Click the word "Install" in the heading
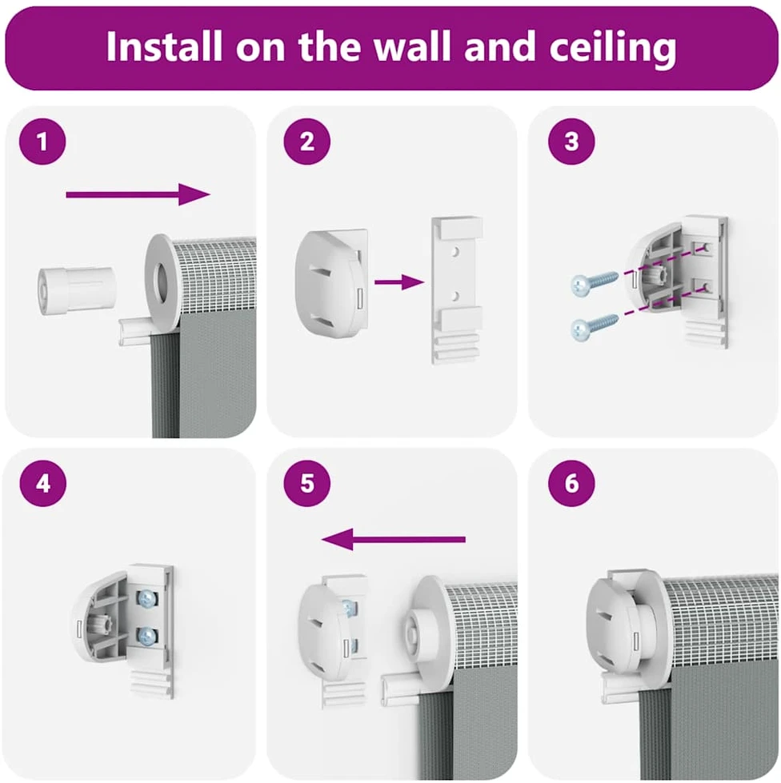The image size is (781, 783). pyautogui.click(x=164, y=47)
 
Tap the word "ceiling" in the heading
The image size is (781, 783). pyautogui.click(x=613, y=49)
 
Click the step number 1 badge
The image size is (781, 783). pyautogui.click(x=42, y=142)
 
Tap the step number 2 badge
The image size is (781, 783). pyautogui.click(x=306, y=142)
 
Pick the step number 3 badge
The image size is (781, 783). pyautogui.click(x=571, y=142)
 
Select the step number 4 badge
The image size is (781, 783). pyautogui.click(x=43, y=483)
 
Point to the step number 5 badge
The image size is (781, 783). pyautogui.click(x=306, y=483)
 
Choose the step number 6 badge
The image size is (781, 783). pyautogui.click(x=571, y=483)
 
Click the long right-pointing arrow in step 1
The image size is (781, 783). pyautogui.click(x=138, y=194)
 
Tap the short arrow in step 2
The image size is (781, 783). pyautogui.click(x=399, y=282)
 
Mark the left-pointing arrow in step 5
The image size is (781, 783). pyautogui.click(x=393, y=539)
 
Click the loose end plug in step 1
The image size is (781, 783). pyautogui.click(x=78, y=291)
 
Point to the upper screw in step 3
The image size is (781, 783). pyautogui.click(x=595, y=283)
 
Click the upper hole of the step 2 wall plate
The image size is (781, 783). pyautogui.click(x=455, y=252)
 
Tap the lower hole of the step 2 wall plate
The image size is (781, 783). pyautogui.click(x=455, y=297)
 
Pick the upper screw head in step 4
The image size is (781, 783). pyautogui.click(x=147, y=598)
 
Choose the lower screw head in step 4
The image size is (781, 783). pyautogui.click(x=147, y=636)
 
